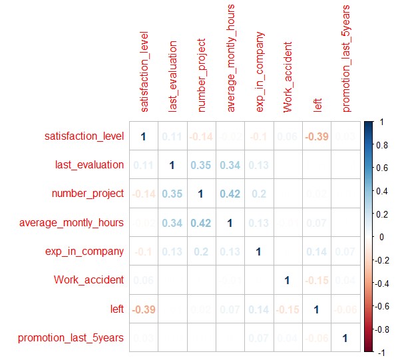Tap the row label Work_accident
point(89,280)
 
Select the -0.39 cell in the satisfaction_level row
point(315,136)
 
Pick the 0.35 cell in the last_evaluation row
point(201,165)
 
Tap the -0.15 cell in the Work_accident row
point(315,280)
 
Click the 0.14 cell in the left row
point(258,309)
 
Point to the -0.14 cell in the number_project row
point(143,194)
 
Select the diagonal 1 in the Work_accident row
point(287,280)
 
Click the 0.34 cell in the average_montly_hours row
point(172,222)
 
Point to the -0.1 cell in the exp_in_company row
point(143,252)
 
